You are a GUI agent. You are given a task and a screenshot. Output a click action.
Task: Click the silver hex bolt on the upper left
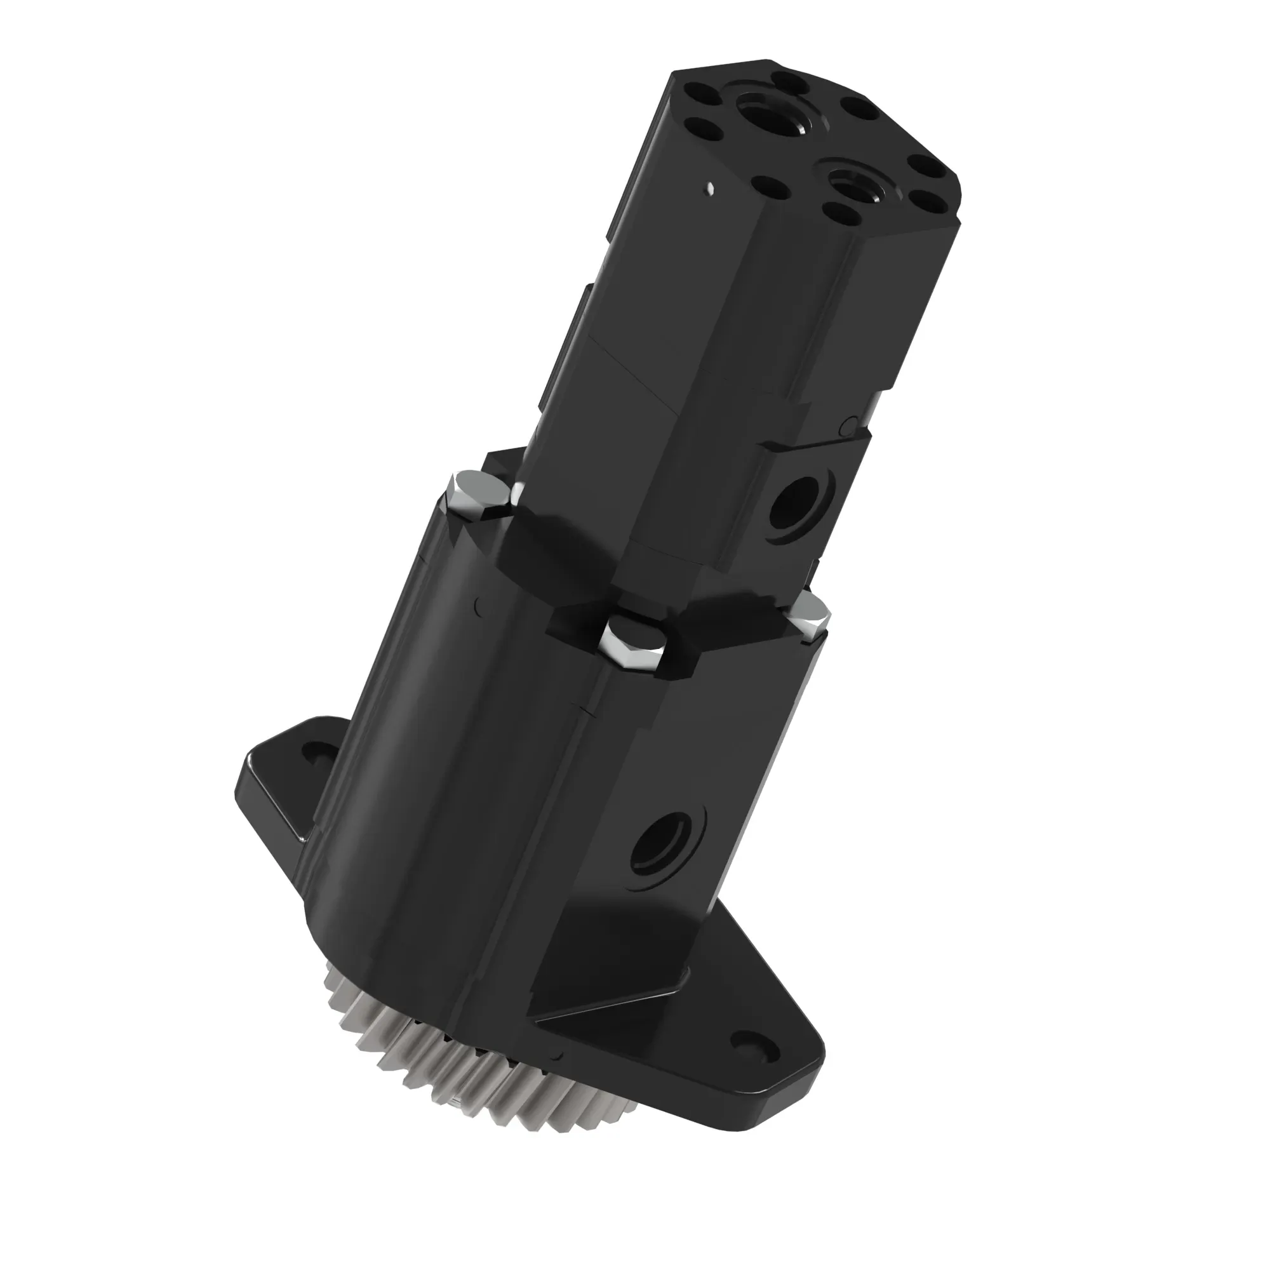point(477,495)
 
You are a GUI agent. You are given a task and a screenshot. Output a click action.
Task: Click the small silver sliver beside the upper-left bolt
point(518,490)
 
